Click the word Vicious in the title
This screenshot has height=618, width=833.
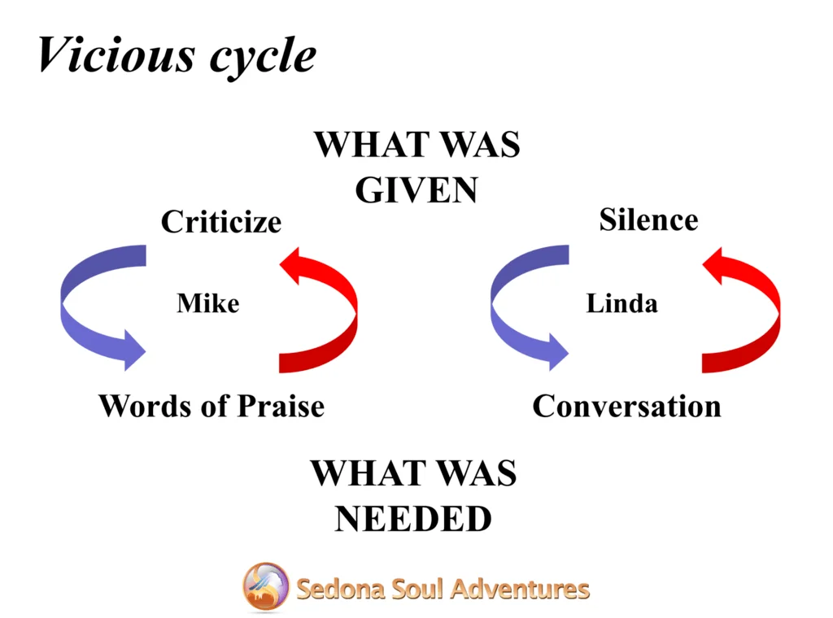point(116,54)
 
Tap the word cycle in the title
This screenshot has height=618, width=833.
point(263,58)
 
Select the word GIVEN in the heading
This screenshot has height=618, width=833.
point(416,189)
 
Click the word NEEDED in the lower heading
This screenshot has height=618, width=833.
point(413,518)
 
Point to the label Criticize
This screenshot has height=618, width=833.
point(221,221)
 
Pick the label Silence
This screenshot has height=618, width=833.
point(648,220)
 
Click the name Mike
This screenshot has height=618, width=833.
point(207,303)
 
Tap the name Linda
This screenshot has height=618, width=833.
point(621,303)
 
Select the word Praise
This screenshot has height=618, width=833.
point(281,406)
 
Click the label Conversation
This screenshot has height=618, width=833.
point(627,406)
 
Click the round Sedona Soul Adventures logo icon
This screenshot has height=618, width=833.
point(266,586)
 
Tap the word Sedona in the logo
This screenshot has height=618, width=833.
point(340,589)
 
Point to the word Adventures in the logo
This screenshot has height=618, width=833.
point(521,589)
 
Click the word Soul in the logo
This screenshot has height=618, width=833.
point(417,589)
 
